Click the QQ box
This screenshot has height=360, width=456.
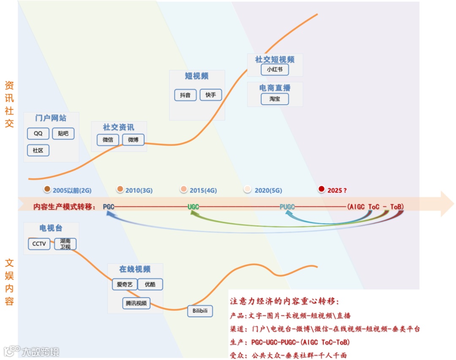(38, 134)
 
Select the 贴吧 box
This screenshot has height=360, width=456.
(63, 134)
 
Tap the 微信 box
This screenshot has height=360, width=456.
(108, 140)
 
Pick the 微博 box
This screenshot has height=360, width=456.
(133, 140)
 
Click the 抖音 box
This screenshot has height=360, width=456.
(185, 95)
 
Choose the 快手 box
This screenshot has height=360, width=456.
(211, 95)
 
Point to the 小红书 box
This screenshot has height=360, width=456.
(274, 69)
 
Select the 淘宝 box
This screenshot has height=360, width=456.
(274, 99)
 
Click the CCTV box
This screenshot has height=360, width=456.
(39, 244)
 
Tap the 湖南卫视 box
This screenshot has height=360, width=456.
(65, 244)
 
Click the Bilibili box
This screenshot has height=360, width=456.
(200, 311)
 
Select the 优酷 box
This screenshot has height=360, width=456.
(150, 284)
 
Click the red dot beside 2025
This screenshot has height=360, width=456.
(322, 189)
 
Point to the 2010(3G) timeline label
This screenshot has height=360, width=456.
(138, 190)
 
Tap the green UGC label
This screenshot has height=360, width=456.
(193, 207)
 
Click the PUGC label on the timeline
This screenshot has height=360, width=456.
(287, 207)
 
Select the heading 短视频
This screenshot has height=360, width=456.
(197, 76)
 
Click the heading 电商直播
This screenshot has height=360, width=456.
(275, 88)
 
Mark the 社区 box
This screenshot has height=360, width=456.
(38, 151)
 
